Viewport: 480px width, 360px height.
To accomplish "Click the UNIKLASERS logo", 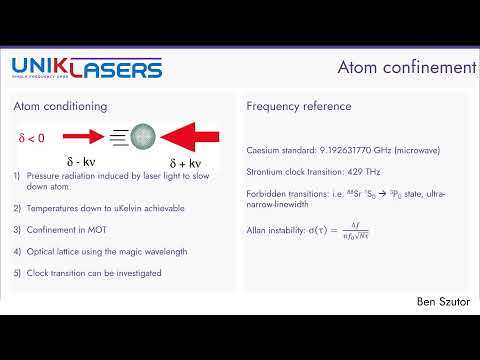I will (x=87, y=69).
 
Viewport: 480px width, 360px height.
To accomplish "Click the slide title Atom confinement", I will (x=405, y=68).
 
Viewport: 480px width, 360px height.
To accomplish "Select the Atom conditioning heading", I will (x=60, y=106).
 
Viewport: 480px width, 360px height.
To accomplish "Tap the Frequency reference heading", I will (x=298, y=106).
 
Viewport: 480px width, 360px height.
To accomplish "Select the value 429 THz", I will (x=353, y=172).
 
